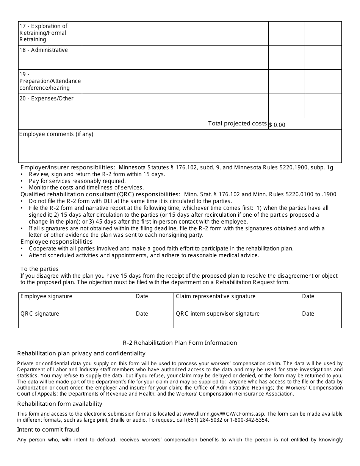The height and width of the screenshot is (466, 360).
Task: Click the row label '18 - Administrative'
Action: (x=44, y=50)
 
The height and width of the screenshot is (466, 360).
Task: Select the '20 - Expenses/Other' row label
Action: (x=46, y=99)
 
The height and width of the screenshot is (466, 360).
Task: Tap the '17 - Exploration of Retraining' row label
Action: (x=43, y=33)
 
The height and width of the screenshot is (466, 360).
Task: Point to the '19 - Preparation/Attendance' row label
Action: (x=50, y=81)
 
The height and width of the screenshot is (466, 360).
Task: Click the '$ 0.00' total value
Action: (x=277, y=125)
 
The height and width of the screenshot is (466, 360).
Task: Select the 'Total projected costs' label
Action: (x=237, y=124)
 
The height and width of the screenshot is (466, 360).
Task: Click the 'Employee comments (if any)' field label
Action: (x=56, y=134)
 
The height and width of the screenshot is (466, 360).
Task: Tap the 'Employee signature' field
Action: (x=76, y=301)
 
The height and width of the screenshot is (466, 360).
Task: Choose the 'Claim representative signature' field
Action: (x=236, y=301)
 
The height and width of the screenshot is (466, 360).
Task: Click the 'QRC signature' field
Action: (x=76, y=319)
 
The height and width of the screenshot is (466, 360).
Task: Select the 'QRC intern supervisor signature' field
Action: (x=236, y=319)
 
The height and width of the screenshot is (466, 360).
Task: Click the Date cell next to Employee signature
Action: (x=153, y=301)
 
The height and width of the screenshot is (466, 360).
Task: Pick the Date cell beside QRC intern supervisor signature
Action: (x=320, y=319)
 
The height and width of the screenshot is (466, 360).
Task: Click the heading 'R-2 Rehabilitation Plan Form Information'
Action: (x=180, y=343)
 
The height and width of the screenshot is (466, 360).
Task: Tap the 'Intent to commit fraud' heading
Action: (x=48, y=430)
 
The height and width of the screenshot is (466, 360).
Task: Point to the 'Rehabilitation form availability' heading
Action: (x=60, y=404)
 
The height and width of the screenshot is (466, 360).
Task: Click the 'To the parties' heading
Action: (x=39, y=269)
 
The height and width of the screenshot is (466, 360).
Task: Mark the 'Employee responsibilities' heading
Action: (x=56, y=242)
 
